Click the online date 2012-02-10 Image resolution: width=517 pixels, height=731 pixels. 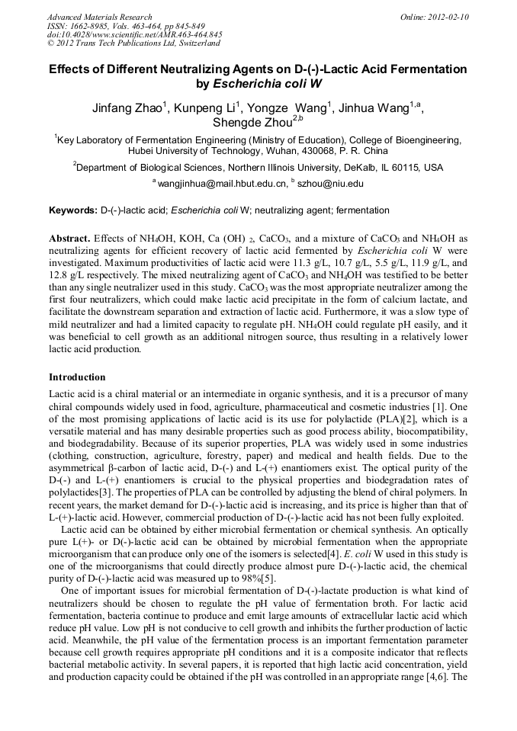(x=442, y=17)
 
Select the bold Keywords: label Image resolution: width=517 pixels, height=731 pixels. (x=72, y=210)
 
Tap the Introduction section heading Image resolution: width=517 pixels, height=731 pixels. (x=77, y=377)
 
